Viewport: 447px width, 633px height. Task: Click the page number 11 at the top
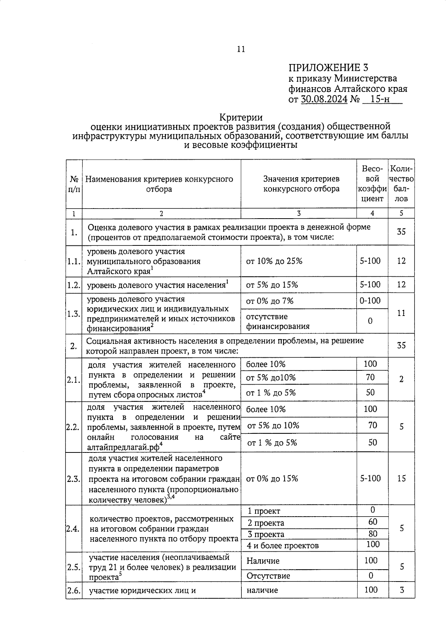[241, 49]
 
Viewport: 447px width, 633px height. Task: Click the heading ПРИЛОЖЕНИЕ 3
[328, 68]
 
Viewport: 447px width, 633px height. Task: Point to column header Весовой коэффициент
[372, 184]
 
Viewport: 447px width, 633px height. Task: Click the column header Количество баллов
[401, 184]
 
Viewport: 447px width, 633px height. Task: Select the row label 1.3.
[74, 314]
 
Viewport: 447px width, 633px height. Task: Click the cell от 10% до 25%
[274, 261]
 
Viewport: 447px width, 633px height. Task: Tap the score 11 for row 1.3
[401, 313]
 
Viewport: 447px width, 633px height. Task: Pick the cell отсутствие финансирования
[278, 322]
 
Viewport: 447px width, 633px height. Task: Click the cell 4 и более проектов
[282, 546]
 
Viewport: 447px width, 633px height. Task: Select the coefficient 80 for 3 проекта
[372, 534]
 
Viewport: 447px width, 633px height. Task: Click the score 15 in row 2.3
[401, 479]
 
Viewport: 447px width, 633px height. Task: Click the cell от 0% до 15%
[272, 479]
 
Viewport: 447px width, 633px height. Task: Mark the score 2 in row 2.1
[401, 379]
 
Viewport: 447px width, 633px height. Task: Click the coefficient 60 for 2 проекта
[372, 522]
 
